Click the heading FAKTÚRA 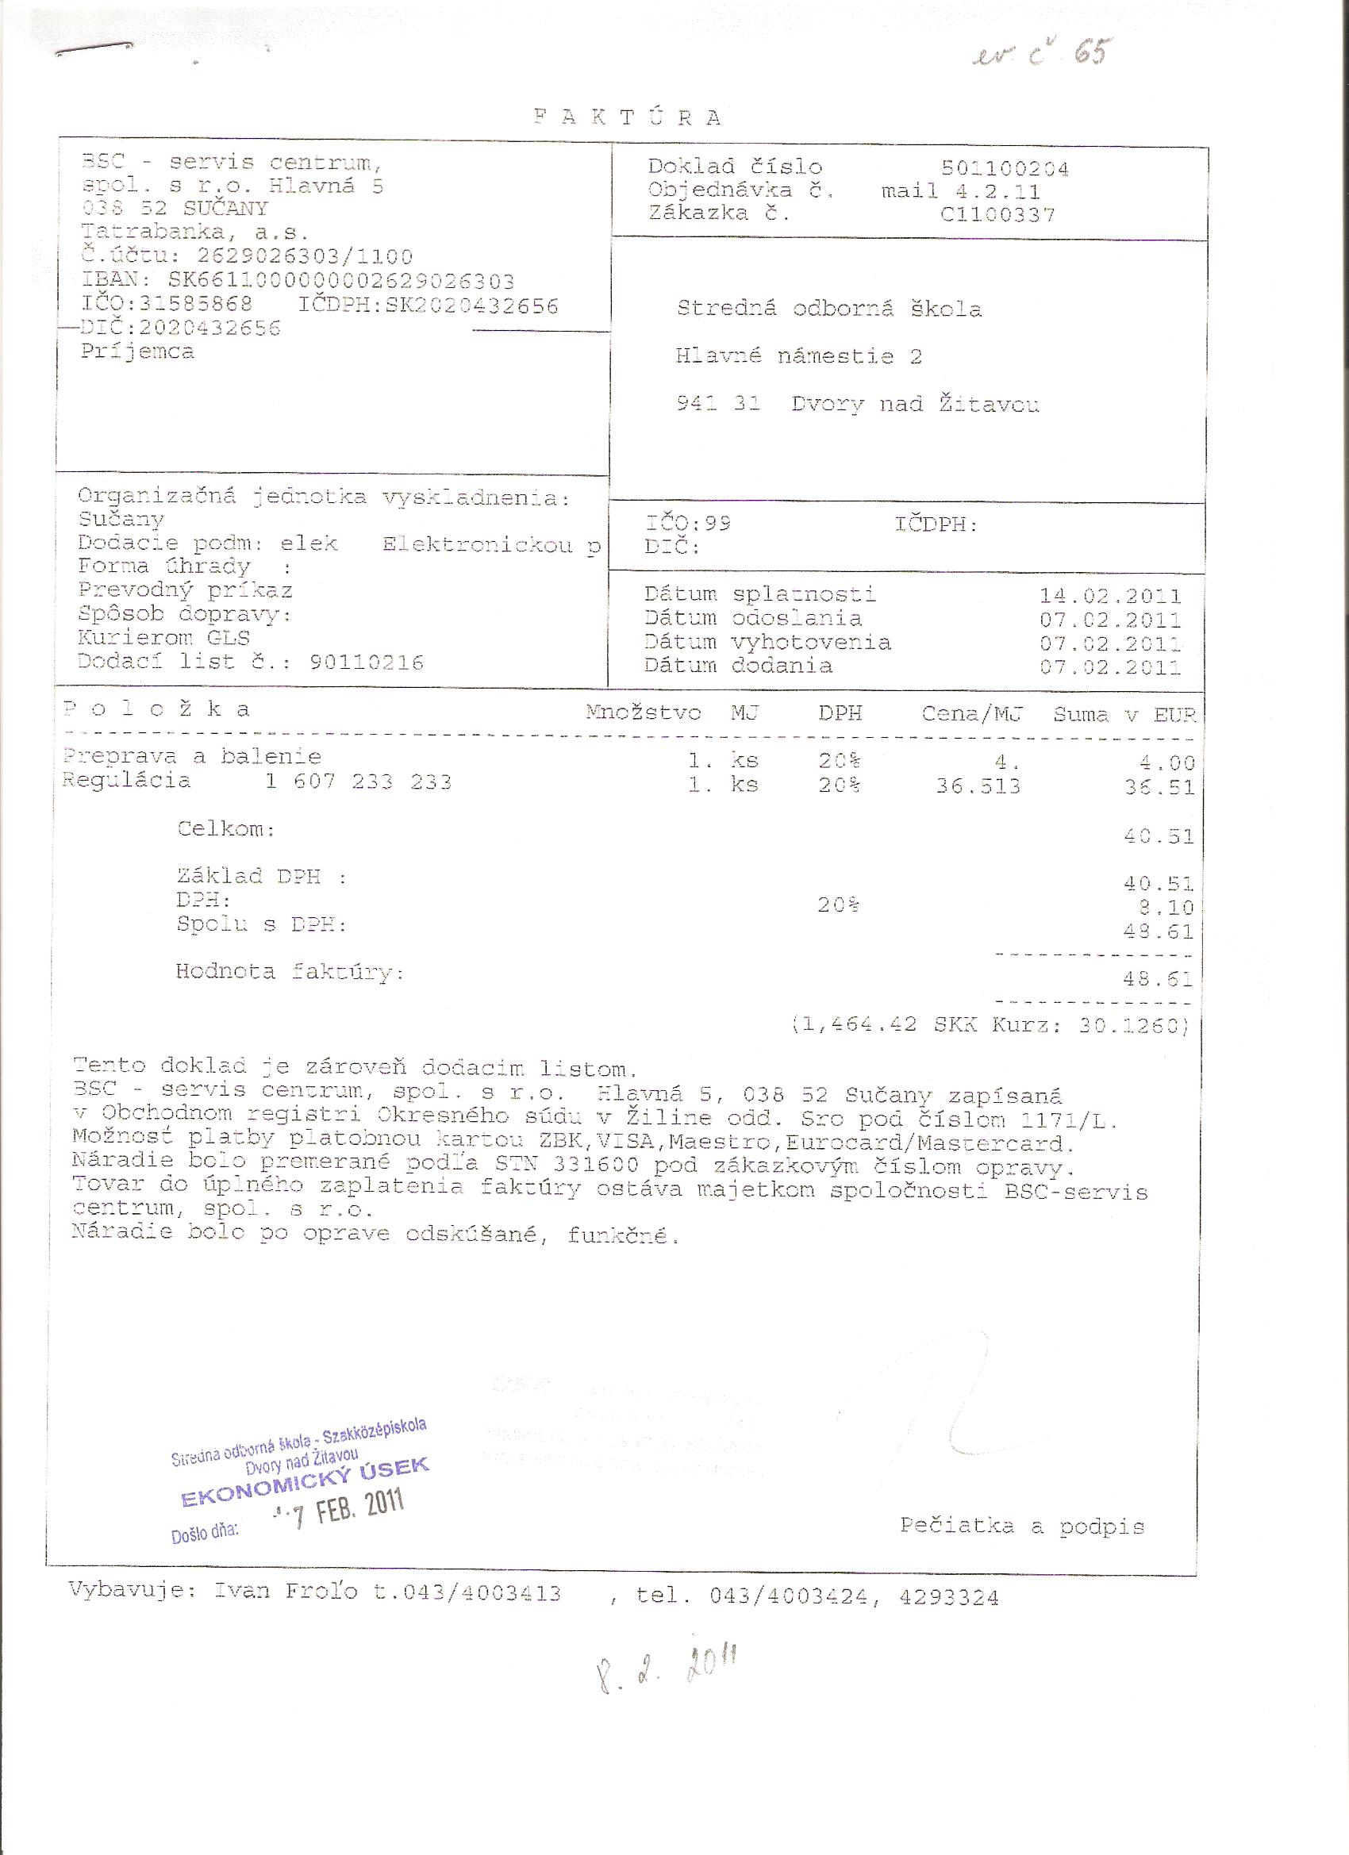pos(628,117)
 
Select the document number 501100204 pos(1005,168)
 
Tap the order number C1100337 pos(997,215)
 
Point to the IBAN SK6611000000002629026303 pos(341,282)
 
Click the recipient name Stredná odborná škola pos(828,309)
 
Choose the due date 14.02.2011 pos(1110,597)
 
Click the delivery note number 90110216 pos(367,662)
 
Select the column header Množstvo pos(643,712)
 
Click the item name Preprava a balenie pos(192,756)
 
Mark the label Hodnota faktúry pos(290,972)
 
